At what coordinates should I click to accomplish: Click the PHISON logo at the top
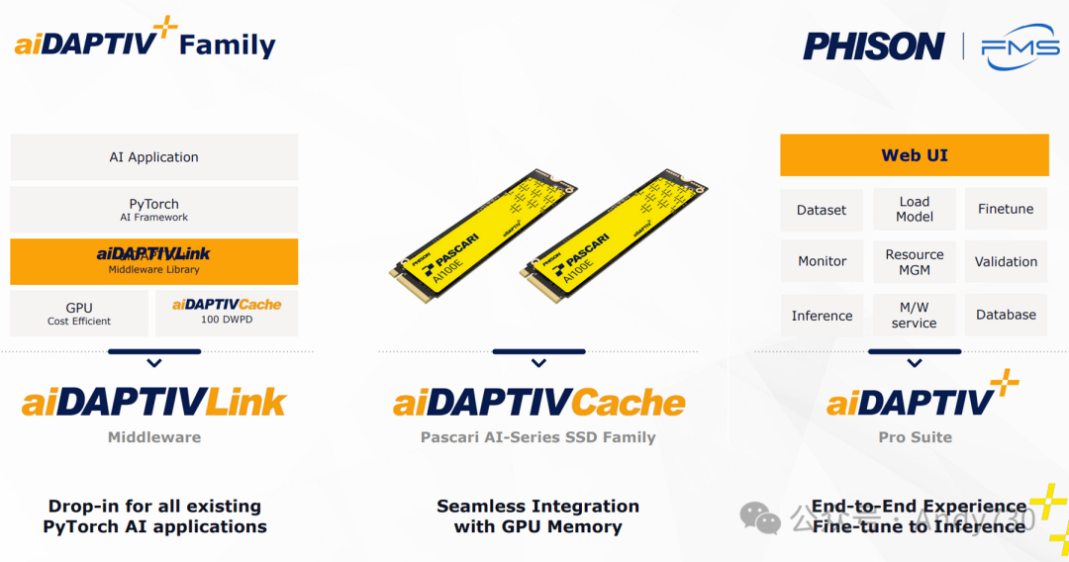tap(873, 47)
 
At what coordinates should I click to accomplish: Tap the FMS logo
tap(1020, 47)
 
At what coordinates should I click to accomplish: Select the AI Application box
tap(153, 157)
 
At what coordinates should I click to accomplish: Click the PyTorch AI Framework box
tap(153, 210)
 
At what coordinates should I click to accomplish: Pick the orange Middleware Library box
tap(153, 261)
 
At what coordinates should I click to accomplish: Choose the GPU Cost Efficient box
tap(79, 314)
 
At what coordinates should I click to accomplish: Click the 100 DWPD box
tap(227, 313)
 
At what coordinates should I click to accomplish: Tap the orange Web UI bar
tap(914, 155)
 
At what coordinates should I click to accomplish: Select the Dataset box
tap(822, 210)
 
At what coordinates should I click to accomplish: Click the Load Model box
tap(915, 209)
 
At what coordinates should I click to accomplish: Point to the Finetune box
tap(1006, 209)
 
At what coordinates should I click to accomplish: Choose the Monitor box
tap(822, 261)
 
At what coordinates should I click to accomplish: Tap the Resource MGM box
tap(915, 261)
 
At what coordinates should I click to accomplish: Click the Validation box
tap(1006, 261)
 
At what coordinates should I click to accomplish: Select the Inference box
tap(822, 316)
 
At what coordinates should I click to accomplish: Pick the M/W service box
tap(915, 315)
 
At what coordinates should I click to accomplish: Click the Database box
tap(1006, 315)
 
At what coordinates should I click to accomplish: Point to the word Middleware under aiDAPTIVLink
tap(153, 436)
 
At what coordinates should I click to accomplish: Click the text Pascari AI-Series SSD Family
tap(538, 436)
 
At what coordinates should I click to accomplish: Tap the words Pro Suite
tap(915, 436)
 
